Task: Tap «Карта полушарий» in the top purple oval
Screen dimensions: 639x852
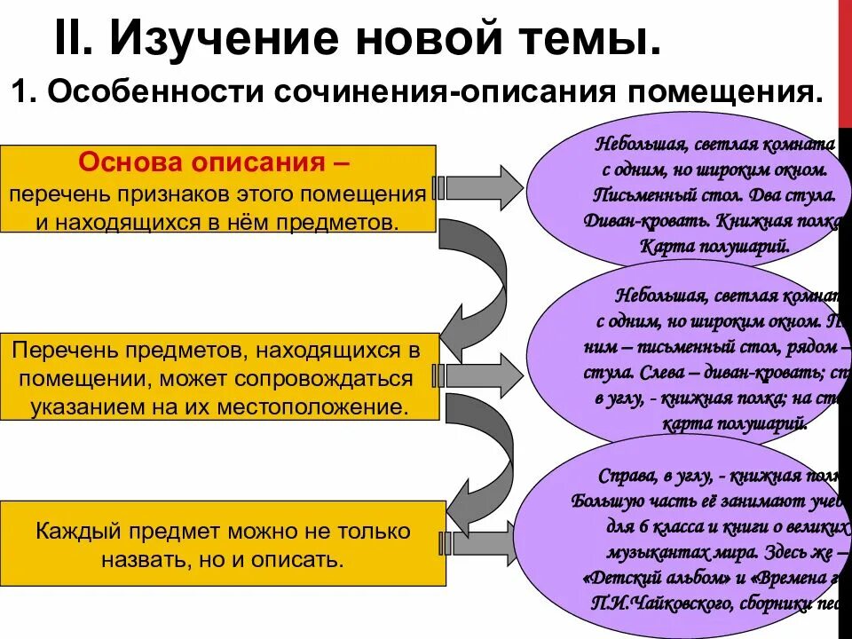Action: click(x=714, y=247)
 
